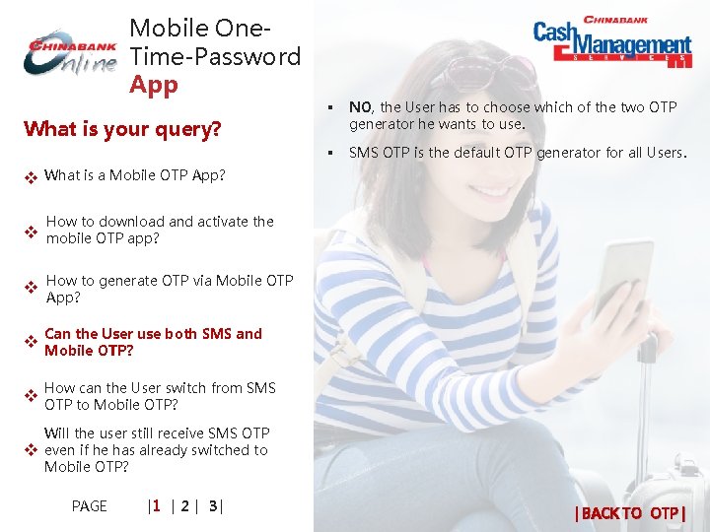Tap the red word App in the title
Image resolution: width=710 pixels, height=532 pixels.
coord(154,85)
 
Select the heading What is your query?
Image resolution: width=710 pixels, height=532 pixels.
coord(122,129)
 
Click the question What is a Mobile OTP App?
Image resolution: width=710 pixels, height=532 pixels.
coord(135,175)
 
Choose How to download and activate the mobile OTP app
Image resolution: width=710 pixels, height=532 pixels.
coord(160,230)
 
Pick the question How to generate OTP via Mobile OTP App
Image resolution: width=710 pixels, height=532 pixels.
coord(170,289)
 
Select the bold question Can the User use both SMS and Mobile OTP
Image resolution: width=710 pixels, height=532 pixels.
coord(153,342)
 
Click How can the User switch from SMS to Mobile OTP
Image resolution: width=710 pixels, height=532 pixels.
coord(160,396)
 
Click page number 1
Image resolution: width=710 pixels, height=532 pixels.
coord(156,506)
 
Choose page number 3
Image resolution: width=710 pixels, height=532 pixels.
coord(212,506)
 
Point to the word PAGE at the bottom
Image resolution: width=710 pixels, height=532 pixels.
coord(90,506)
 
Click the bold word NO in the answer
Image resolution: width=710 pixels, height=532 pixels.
coord(360,107)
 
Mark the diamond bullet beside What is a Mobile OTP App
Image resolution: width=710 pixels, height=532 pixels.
coord(31,178)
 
